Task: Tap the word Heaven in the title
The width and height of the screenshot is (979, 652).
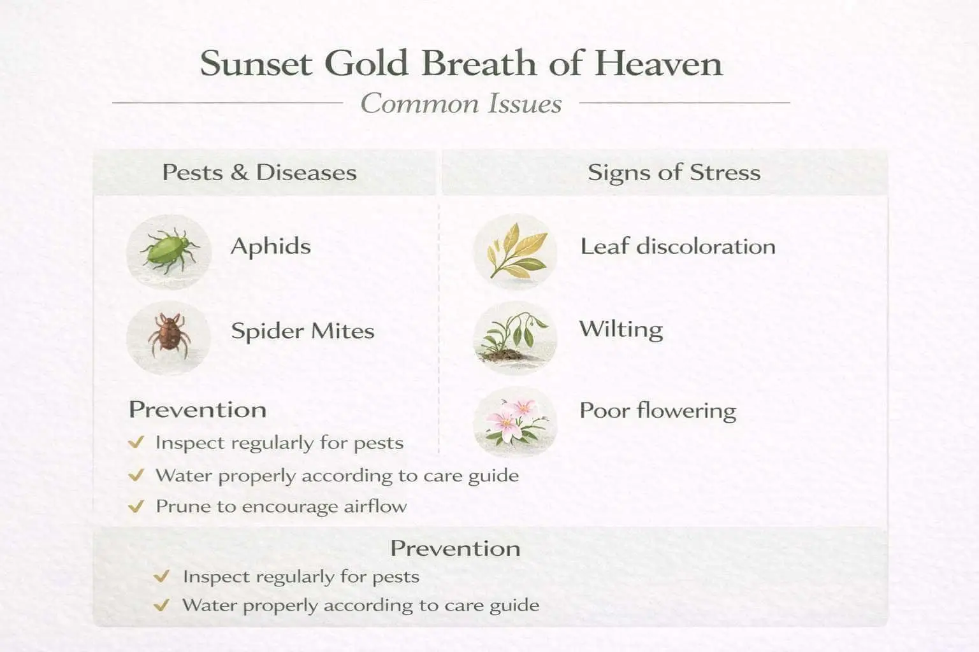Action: [x=658, y=64]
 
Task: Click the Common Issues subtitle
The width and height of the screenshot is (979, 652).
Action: [x=461, y=104]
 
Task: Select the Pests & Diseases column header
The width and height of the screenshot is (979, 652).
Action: [x=259, y=173]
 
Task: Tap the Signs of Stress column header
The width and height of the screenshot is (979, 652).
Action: [x=674, y=173]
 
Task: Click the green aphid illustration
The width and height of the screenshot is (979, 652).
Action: [x=168, y=251]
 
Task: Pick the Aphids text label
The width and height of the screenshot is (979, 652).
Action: [x=271, y=246]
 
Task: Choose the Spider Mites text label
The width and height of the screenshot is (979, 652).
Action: [x=302, y=331]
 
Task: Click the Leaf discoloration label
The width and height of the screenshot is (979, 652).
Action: [x=678, y=246]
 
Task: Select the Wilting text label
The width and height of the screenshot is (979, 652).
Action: [x=621, y=330]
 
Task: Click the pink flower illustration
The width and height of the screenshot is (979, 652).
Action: [x=515, y=422]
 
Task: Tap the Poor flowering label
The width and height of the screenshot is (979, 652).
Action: [x=657, y=411]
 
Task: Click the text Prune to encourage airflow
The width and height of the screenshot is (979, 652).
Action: [x=281, y=507]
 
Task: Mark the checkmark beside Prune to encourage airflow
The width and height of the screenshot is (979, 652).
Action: [x=136, y=507]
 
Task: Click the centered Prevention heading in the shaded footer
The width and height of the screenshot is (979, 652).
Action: [x=455, y=548]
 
